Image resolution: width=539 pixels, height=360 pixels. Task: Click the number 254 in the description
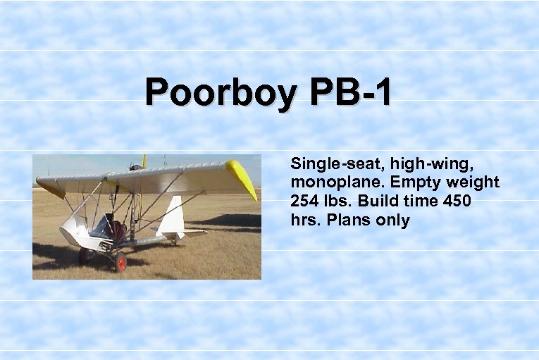pyautogui.click(x=304, y=201)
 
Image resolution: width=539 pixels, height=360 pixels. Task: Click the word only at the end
pyautogui.click(x=392, y=221)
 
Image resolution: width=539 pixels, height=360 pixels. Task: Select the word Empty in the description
pyautogui.click(x=406, y=183)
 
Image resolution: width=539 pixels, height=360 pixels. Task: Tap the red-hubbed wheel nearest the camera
pyautogui.click(x=120, y=261)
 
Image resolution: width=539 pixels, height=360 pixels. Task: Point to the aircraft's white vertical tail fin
pyautogui.click(x=172, y=217)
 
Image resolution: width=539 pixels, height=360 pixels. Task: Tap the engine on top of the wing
pyautogui.click(x=135, y=167)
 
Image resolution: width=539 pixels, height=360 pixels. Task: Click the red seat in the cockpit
pyautogui.click(x=118, y=230)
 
